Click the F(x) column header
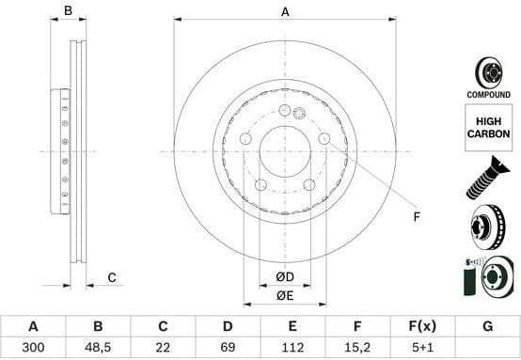pyautogui.click(x=422, y=327)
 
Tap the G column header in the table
pyautogui.click(x=487, y=327)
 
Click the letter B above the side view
pyautogui.click(x=67, y=11)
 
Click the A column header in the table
pyautogui.click(x=33, y=327)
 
